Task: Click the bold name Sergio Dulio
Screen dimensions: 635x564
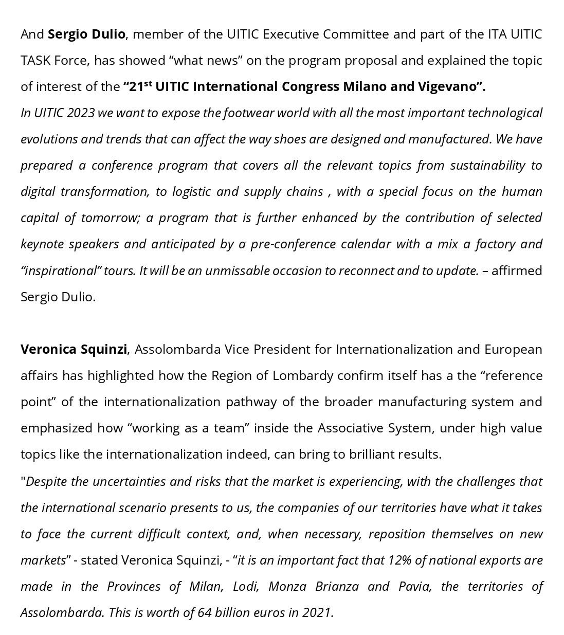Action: tap(86, 34)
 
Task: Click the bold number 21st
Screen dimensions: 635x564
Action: tap(140, 86)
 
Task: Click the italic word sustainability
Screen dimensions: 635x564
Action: tap(488, 165)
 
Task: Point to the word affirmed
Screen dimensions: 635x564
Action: tap(517, 270)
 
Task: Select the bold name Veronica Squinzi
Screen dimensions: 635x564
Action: tap(74, 349)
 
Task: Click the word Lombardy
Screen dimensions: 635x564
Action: tap(303, 375)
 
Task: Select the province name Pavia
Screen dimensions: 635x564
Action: tap(415, 586)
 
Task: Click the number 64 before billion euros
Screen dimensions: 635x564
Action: tap(205, 612)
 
